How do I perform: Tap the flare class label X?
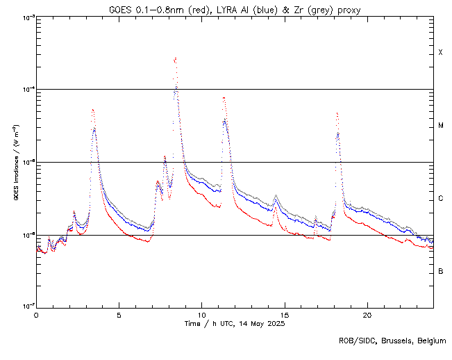coord(440,53)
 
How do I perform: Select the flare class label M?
coord(440,126)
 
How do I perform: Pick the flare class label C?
coord(440,199)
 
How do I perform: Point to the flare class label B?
coord(440,271)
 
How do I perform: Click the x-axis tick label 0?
coord(36,315)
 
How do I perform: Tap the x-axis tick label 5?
coord(119,315)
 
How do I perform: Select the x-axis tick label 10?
coord(201,315)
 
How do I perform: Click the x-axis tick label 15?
coord(284,315)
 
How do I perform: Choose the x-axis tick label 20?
coord(367,315)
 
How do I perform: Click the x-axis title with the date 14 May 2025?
coord(235,324)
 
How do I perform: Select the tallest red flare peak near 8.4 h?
coord(175,58)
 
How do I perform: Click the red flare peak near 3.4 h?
coord(92,109)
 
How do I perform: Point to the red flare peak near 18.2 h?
coord(337,113)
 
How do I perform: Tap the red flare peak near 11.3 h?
coord(223,97)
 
